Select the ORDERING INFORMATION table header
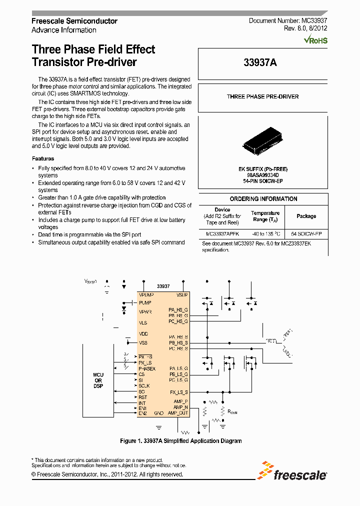263,199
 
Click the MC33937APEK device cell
222,233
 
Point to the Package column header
306,216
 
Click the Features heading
43,158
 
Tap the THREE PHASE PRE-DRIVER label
263,96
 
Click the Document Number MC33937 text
288,20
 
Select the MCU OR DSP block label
98,380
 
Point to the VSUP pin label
182,295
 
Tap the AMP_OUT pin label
178,413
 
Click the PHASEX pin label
147,368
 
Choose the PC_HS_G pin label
178,321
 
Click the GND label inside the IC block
158,413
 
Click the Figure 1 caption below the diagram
181,441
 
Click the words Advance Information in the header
64,30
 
